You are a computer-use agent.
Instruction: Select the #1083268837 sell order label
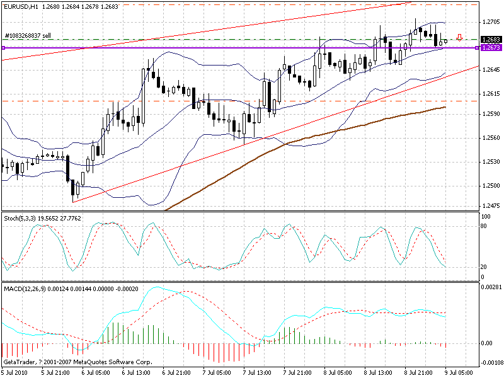[28, 36]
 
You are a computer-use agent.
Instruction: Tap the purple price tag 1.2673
[490, 48]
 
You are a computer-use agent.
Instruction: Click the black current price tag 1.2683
[490, 40]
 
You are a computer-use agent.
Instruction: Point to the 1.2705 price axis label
[490, 22]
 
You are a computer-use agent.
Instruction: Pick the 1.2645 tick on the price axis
[490, 70]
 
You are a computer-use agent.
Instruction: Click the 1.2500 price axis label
[490, 186]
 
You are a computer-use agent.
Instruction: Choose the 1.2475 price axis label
[490, 205]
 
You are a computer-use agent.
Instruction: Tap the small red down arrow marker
[460, 37]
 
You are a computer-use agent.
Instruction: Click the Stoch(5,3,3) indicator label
[23, 218]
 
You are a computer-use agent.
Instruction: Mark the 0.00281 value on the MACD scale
[491, 287]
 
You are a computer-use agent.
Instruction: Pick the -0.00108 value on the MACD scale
[491, 363]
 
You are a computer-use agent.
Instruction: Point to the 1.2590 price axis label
[490, 114]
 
